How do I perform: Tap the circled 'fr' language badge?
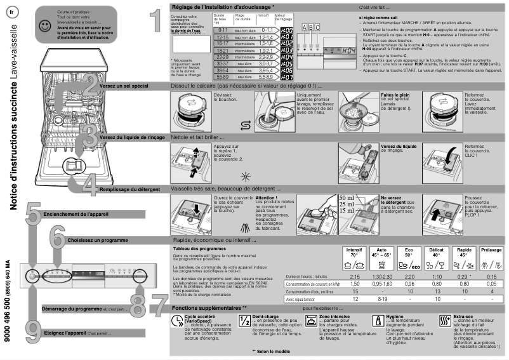13,14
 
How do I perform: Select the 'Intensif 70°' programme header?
355,253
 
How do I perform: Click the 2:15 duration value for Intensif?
355,277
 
